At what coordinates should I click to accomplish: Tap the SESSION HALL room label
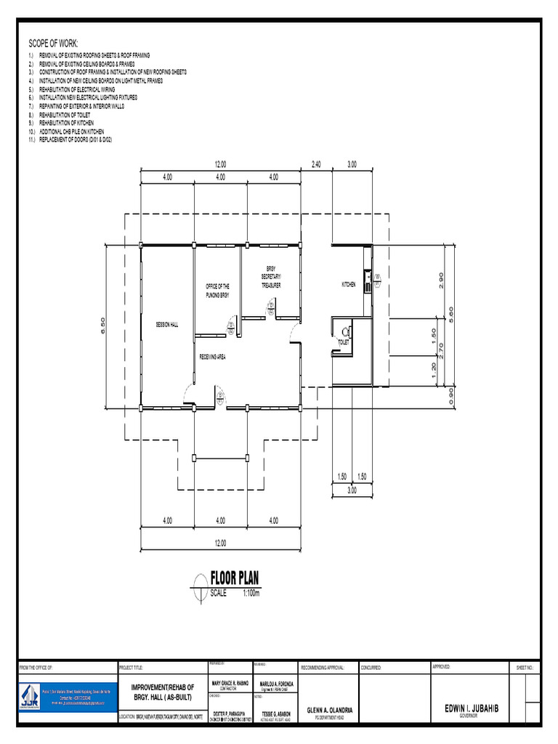tap(166, 324)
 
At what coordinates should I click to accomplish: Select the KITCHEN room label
tap(349, 285)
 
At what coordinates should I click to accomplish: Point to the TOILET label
tap(344, 341)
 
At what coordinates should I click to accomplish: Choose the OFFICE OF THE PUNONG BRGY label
tap(217, 291)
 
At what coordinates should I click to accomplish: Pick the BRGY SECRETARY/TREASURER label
tap(271, 278)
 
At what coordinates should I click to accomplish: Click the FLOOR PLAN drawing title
tap(234, 578)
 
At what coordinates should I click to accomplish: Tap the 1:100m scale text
tap(251, 593)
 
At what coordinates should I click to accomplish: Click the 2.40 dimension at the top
tap(317, 165)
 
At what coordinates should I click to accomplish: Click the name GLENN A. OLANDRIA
tap(329, 710)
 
